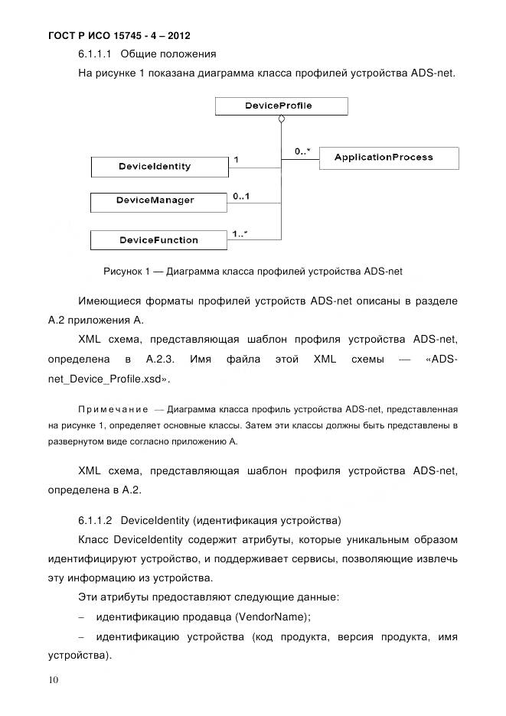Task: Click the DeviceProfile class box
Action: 280,106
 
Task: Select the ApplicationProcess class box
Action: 388,158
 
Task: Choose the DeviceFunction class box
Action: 159,240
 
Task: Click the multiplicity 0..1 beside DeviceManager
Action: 243,197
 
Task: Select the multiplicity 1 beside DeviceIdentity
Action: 237,160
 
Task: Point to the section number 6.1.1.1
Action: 96,54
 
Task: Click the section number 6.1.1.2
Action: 96,521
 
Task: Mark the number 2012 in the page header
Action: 175,36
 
